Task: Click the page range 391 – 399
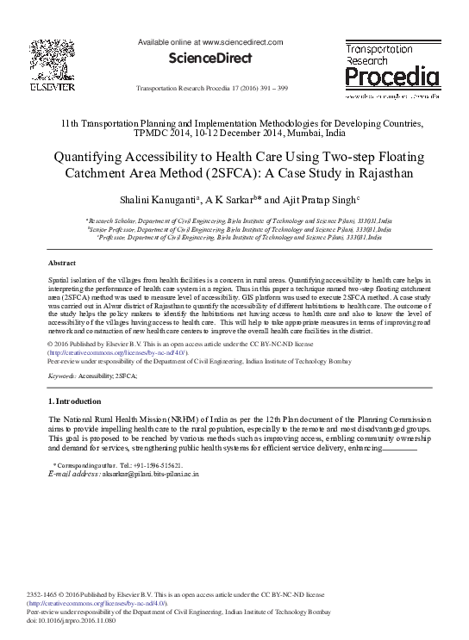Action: [x=285, y=90]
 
